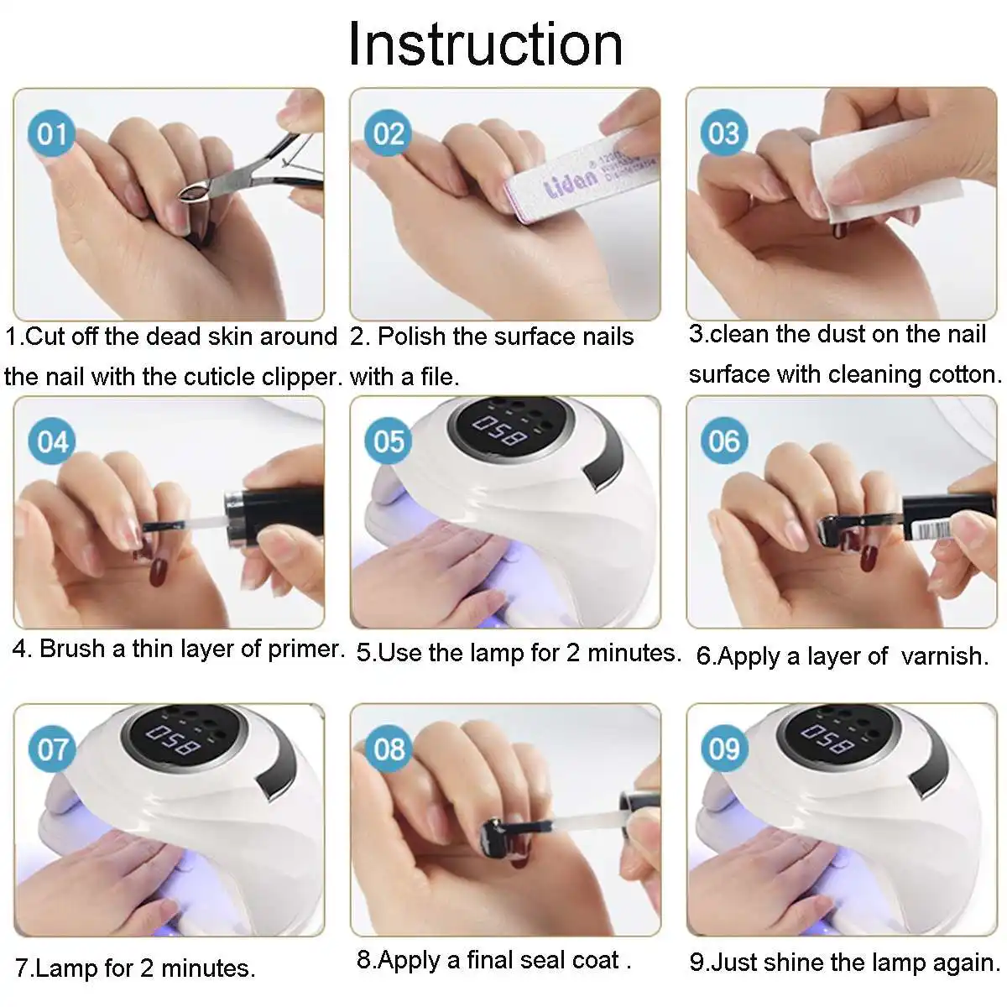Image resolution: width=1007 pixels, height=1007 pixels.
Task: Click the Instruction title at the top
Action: [x=486, y=44]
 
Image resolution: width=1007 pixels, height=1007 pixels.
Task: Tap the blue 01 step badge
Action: [x=52, y=133]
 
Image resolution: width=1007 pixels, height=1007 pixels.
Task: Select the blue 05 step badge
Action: [x=389, y=441]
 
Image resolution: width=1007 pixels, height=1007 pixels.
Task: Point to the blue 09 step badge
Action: [x=724, y=748]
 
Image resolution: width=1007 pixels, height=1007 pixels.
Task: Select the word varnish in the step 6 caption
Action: [x=945, y=655]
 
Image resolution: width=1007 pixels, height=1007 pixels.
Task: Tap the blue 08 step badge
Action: [x=389, y=748]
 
